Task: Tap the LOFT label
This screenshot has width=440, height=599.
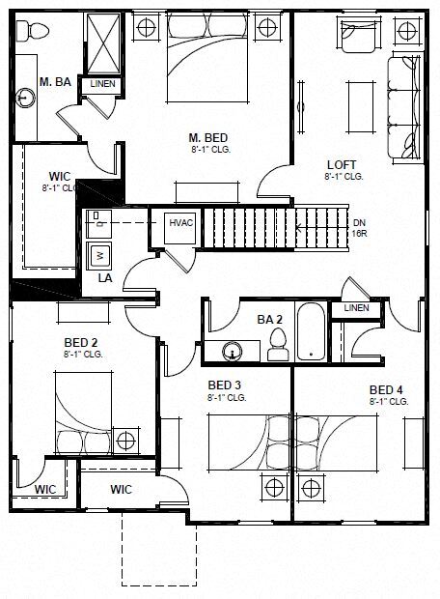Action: pos(343,164)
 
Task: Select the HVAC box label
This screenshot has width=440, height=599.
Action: pos(181,223)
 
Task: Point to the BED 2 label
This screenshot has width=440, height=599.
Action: pos(81,342)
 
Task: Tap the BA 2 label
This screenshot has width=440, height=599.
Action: pos(269,318)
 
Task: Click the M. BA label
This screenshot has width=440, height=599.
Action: pos(53,81)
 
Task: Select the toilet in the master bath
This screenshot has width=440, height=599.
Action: pos(35,32)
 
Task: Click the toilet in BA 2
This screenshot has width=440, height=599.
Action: pos(278,343)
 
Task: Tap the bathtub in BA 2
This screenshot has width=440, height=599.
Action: pos(312,332)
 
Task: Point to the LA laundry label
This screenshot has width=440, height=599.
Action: pos(104,277)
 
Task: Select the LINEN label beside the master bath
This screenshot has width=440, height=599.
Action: pos(102,85)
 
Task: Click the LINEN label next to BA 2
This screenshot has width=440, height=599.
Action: pos(355,307)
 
